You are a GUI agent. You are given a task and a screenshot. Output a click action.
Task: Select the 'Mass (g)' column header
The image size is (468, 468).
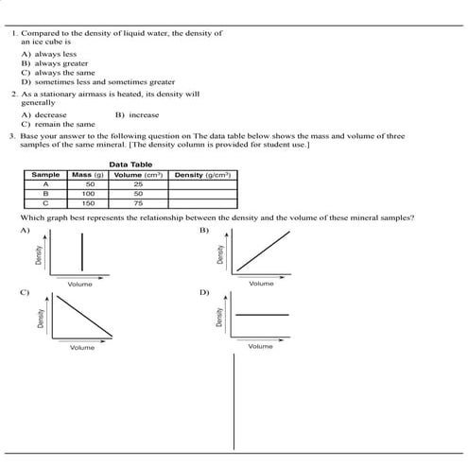tap(88, 175)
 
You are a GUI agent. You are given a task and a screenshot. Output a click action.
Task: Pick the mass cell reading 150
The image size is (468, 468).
tap(89, 203)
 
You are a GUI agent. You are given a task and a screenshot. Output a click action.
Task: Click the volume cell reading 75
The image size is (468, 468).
tap(138, 203)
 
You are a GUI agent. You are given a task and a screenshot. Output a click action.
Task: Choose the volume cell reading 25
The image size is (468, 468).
tap(138, 184)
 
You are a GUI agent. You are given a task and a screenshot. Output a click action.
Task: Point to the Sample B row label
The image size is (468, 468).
tap(45, 194)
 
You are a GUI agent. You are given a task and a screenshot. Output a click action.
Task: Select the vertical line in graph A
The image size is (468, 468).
tap(82, 253)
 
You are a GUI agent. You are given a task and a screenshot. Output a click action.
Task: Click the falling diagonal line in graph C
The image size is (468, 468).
tap(84, 316)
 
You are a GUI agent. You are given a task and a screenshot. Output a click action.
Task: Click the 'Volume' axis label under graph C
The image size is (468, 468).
tap(82, 348)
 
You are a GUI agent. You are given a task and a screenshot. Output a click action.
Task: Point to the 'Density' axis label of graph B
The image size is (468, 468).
tap(220, 255)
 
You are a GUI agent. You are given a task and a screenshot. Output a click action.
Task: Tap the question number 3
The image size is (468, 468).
tap(13, 136)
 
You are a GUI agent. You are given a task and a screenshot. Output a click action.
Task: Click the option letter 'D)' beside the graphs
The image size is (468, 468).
tap(203, 292)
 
